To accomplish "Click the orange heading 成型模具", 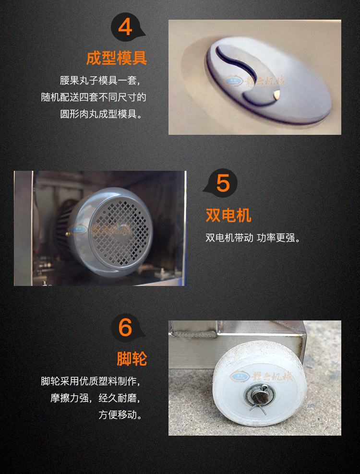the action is tap(117, 58).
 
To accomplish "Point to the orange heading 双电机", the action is tap(228, 215).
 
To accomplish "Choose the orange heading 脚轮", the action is tap(132, 359).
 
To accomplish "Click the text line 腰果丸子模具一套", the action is tap(100, 81).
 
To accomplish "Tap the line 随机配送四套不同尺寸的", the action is tap(94, 97).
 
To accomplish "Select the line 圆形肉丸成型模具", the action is tap(101, 114).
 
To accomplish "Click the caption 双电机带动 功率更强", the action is tap(253, 238).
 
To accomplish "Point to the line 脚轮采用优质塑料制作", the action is tap(90, 381).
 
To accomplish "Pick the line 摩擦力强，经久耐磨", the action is tap(96, 398).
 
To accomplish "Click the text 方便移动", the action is tap(120, 415).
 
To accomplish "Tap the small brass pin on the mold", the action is tap(276, 95).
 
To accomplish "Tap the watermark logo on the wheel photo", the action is tap(261, 376).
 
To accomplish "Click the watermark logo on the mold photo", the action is tap(254, 81).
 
